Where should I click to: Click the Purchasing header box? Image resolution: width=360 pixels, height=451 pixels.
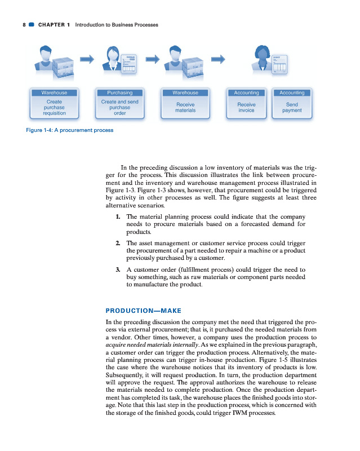[119, 92]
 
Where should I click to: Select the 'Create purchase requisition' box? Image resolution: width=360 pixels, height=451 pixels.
[54, 107]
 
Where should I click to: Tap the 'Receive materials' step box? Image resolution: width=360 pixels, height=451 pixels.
[185, 107]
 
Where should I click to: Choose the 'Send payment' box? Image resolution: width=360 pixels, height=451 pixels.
[292, 107]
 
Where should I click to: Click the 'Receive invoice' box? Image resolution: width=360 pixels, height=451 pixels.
[246, 107]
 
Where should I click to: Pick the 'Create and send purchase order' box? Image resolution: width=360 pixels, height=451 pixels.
[119, 107]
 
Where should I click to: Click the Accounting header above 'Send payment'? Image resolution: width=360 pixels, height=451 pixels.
[292, 92]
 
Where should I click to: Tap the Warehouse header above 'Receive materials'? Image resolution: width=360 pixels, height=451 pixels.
[185, 92]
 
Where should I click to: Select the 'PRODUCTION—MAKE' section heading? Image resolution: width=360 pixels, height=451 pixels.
[144, 309]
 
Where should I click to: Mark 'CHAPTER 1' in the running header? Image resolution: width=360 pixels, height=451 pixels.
[54, 25]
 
